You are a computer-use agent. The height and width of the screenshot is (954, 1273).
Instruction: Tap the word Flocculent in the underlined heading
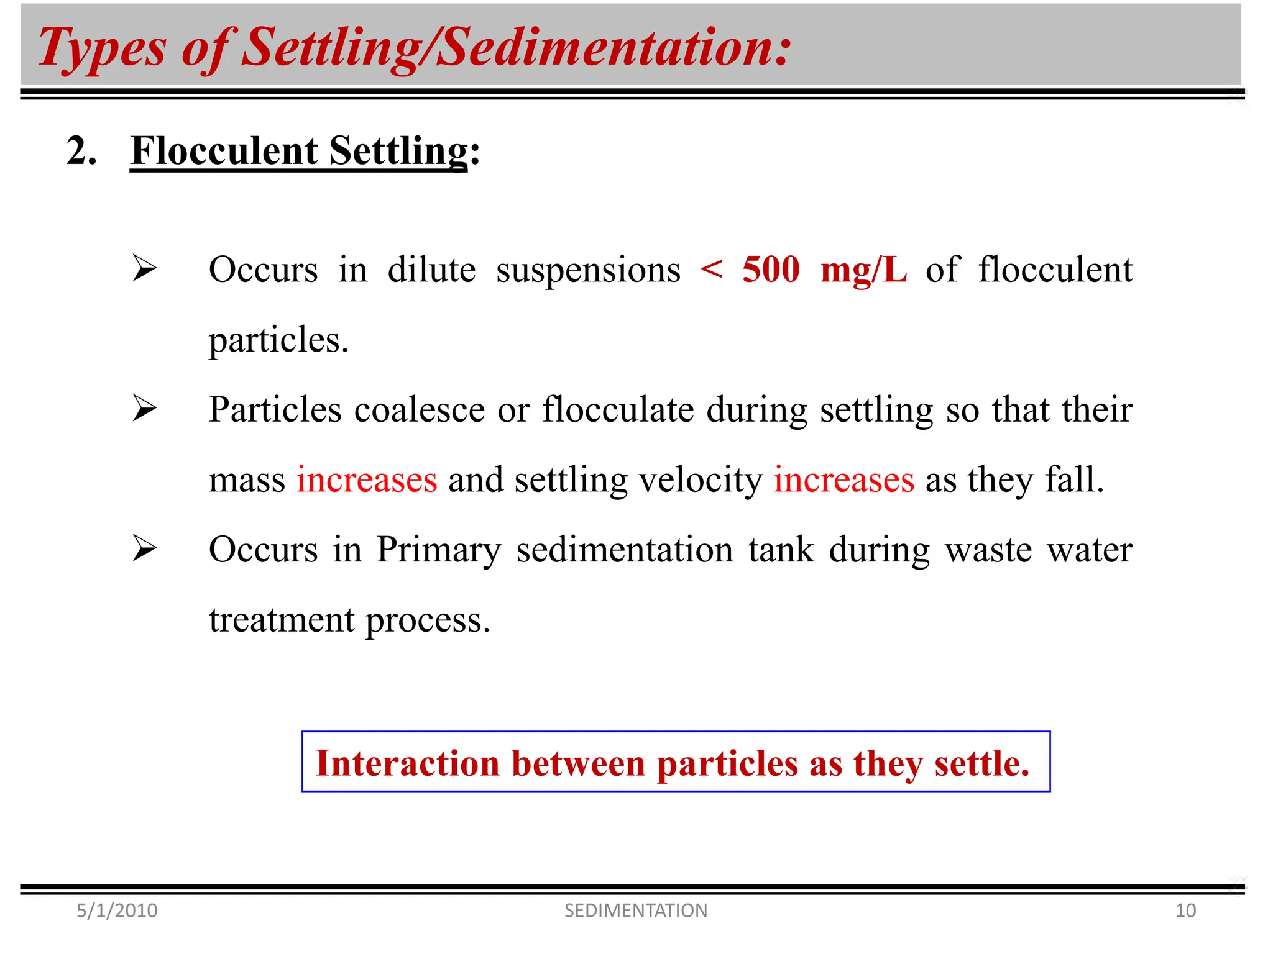tap(224, 151)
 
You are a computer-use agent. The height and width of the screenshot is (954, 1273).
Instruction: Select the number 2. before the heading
tap(81, 151)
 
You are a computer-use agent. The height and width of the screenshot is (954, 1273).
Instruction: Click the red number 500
tap(771, 270)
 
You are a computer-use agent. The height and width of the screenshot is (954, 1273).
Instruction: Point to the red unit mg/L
tap(863, 271)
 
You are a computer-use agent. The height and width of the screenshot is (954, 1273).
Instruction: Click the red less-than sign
tap(712, 270)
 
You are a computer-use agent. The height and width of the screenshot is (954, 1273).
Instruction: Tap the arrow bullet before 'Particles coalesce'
tap(144, 409)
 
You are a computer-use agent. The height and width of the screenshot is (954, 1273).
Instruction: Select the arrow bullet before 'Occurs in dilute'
tap(144, 269)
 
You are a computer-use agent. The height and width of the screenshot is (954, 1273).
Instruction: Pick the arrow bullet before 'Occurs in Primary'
tap(144, 548)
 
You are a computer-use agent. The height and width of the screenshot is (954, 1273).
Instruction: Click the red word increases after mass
tap(367, 480)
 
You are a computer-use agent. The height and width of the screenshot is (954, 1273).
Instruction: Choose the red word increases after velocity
tap(843, 480)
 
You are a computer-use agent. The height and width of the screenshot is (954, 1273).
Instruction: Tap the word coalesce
tap(420, 410)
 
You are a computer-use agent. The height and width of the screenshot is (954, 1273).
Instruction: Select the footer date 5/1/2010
tap(117, 911)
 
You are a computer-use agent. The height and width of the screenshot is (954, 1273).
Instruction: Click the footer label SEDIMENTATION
tap(636, 911)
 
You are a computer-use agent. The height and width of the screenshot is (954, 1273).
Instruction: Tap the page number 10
tap(1185, 911)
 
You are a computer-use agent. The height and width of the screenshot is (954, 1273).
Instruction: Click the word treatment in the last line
tap(282, 620)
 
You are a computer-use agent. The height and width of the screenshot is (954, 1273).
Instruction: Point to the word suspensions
tap(588, 271)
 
